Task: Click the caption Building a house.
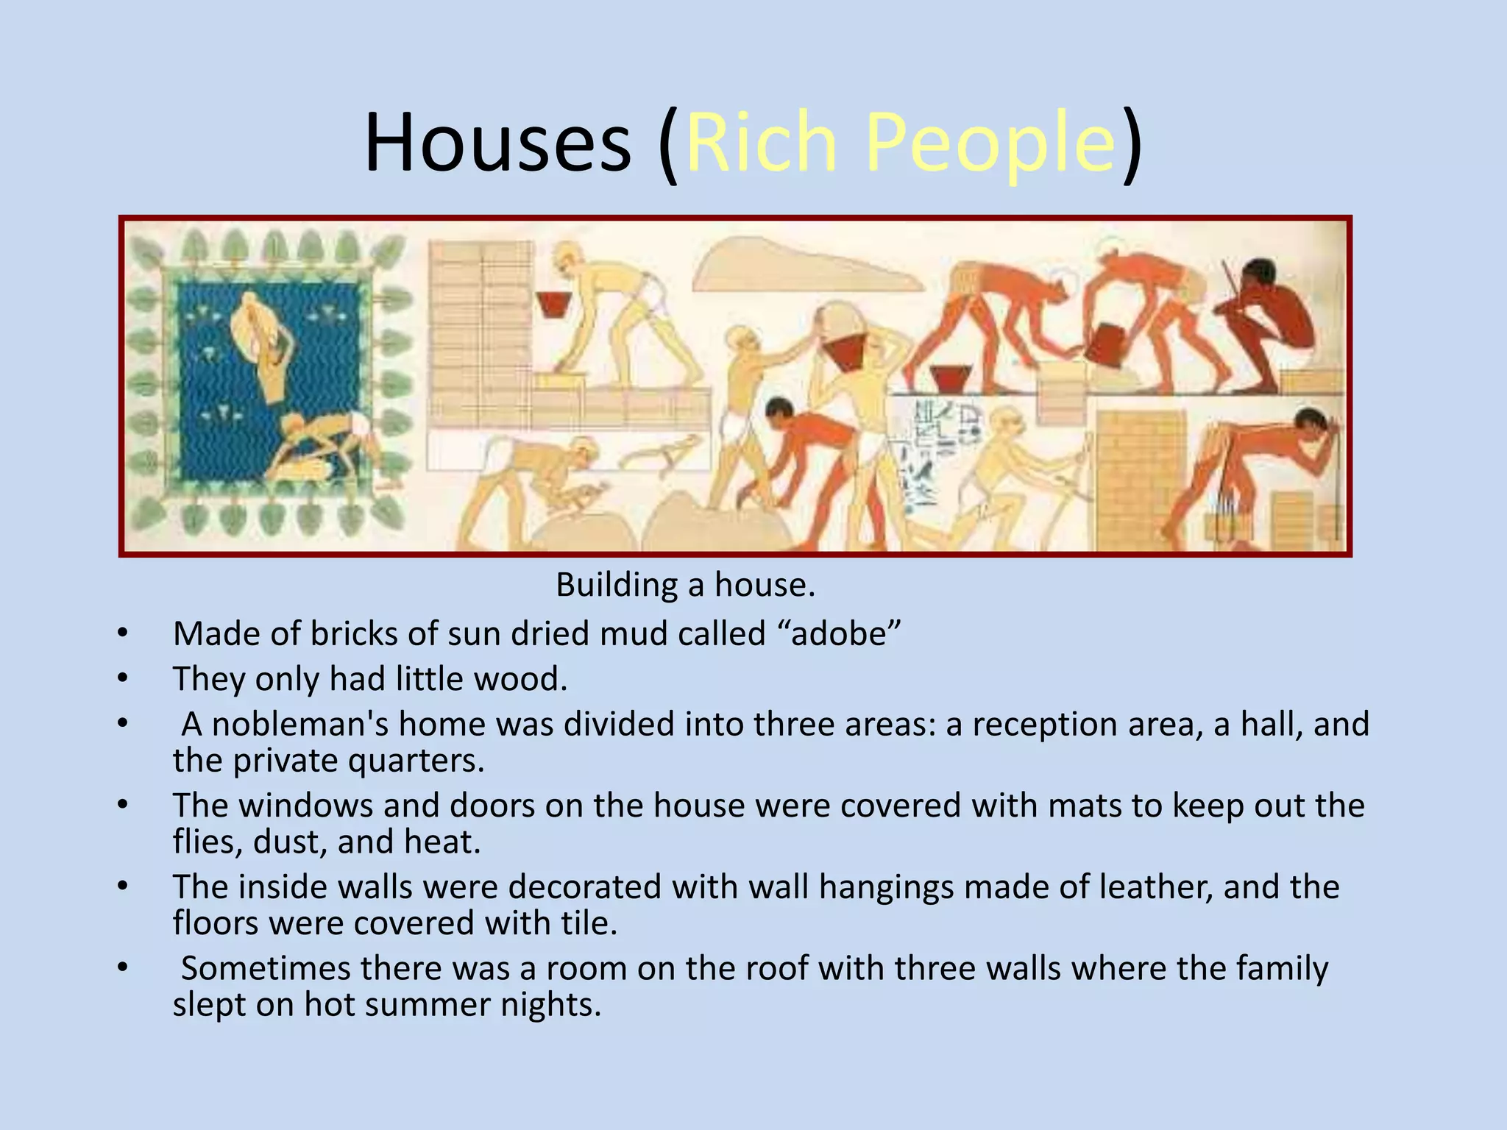pos(685,586)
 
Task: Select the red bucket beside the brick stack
pos(556,303)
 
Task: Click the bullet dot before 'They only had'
pos(122,678)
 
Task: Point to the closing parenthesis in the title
pos(1132,143)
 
